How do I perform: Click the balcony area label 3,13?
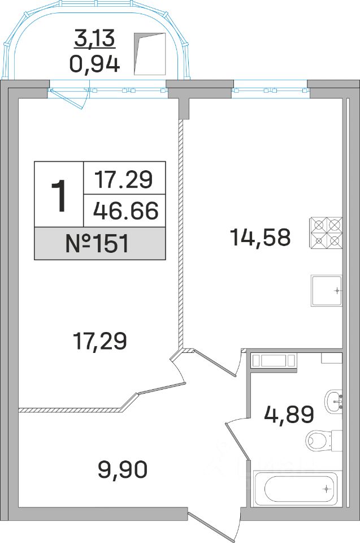[94, 38]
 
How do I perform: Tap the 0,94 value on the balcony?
[95, 64]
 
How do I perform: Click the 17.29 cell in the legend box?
[124, 180]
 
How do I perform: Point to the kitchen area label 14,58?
[260, 238]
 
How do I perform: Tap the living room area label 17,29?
[101, 341]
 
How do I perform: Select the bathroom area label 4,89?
[289, 415]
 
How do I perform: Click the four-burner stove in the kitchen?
[326, 232]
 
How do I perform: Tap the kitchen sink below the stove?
[327, 291]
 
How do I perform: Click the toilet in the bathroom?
[324, 440]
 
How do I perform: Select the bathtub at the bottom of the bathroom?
[295, 489]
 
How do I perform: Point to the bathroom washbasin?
[333, 402]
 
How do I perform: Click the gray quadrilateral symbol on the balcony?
[150, 54]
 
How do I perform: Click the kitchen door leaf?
[214, 363]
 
